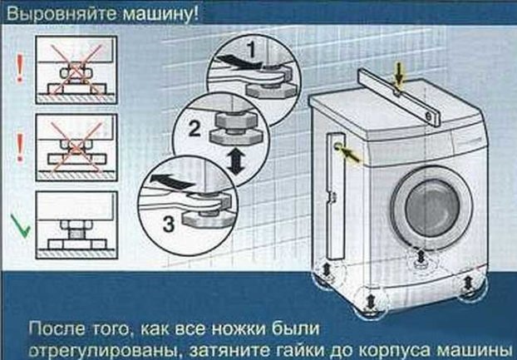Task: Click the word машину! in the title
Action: (x=160, y=14)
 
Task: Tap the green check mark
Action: (x=21, y=226)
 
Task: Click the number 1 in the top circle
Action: (x=252, y=51)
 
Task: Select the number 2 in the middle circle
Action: (x=194, y=128)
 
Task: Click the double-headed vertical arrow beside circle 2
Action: (x=235, y=161)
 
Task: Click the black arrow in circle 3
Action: (x=171, y=182)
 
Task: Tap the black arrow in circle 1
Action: (x=237, y=62)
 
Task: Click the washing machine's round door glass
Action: (x=432, y=208)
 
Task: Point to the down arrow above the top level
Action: (x=399, y=75)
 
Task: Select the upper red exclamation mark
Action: (x=20, y=68)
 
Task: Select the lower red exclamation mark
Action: (x=20, y=148)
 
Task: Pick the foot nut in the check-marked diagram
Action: (x=76, y=225)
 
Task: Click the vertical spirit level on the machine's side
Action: (x=335, y=195)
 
